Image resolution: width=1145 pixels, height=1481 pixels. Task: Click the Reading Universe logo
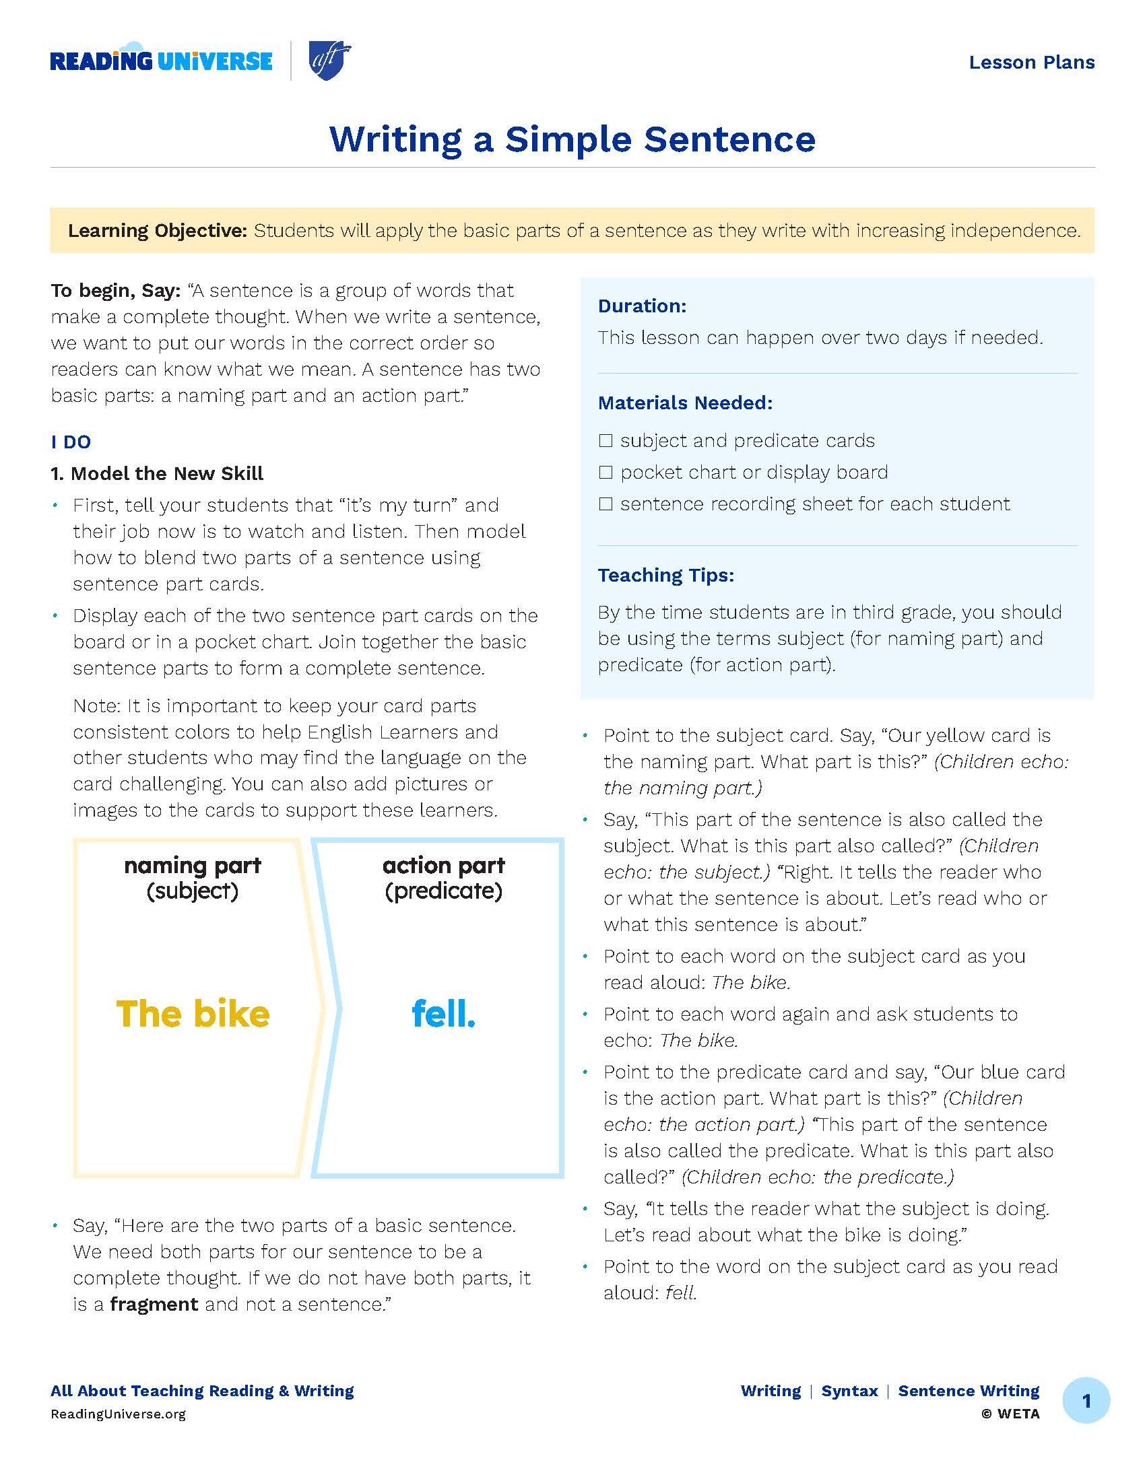(x=161, y=61)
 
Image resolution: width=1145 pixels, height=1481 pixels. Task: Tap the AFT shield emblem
(x=329, y=61)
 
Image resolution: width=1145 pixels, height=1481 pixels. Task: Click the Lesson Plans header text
(x=1031, y=63)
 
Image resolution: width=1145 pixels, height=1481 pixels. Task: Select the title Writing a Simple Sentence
(x=572, y=139)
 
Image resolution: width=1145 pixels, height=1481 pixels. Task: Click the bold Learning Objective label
(x=158, y=230)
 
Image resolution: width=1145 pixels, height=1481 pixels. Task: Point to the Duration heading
(x=642, y=306)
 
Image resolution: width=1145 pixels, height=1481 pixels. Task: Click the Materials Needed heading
(x=685, y=403)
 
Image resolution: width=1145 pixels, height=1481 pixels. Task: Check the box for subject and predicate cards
(x=606, y=441)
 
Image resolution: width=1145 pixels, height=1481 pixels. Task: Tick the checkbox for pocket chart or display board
(x=606, y=473)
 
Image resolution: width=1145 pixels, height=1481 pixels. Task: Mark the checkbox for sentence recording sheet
(x=606, y=504)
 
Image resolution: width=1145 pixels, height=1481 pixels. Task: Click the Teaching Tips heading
(x=665, y=575)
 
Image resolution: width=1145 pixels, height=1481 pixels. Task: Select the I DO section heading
(x=71, y=442)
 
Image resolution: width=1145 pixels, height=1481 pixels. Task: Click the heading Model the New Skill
(x=157, y=473)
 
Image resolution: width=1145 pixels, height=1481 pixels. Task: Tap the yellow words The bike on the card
(x=193, y=1014)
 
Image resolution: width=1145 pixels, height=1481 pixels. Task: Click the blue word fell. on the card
(x=444, y=1014)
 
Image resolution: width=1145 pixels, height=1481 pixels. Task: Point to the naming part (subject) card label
(x=193, y=878)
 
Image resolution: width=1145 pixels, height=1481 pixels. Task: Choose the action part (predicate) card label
(x=444, y=878)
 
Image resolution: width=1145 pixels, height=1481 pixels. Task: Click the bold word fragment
(x=154, y=1304)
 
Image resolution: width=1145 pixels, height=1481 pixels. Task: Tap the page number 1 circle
(x=1086, y=1401)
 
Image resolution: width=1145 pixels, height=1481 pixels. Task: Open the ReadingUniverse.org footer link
(x=118, y=1414)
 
